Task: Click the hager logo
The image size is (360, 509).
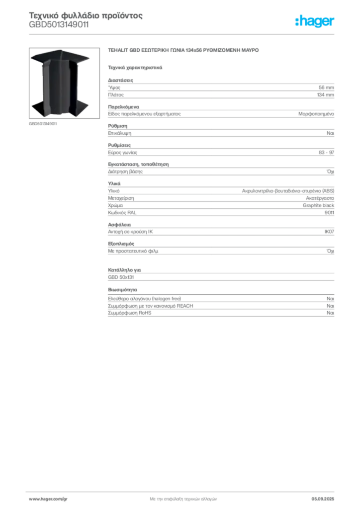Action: tap(315, 21)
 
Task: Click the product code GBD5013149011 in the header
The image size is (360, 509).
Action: tap(59, 25)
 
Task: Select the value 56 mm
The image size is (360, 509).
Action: tap(326, 87)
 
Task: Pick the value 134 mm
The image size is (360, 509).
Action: tap(326, 95)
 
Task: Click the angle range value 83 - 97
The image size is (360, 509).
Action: tap(326, 153)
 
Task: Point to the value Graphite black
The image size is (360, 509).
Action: tap(318, 205)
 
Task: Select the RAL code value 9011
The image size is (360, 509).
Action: tap(329, 213)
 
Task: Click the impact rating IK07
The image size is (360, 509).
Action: tap(329, 232)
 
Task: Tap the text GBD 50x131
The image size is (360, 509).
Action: tap(121, 277)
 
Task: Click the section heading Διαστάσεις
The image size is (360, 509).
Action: tap(120, 80)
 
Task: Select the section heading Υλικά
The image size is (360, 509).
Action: tap(114, 184)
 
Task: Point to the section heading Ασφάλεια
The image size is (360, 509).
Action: tap(119, 225)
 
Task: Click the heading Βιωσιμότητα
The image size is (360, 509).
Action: tap(122, 290)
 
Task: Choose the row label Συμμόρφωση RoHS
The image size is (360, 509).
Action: tap(129, 313)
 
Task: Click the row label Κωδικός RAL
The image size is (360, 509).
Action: tap(122, 213)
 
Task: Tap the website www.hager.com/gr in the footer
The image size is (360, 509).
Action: tap(48, 499)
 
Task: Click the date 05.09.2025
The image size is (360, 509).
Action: tap(323, 499)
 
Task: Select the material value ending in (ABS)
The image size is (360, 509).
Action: tap(288, 191)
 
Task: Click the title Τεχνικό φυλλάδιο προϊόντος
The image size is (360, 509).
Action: tap(86, 15)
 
